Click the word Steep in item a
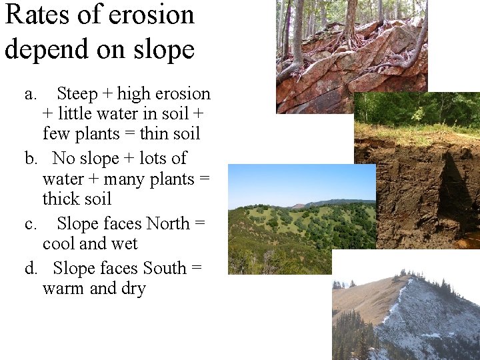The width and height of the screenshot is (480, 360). coord(77,94)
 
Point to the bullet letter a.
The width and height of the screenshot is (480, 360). coord(30,94)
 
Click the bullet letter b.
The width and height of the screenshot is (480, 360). coord(31,159)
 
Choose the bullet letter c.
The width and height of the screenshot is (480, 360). coord(30,223)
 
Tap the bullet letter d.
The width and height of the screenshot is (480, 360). coord(31,268)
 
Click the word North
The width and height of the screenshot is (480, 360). coord(168,223)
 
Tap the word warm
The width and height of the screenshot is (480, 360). coord(63,289)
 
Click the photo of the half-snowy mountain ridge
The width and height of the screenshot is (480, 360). coord(407,307)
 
